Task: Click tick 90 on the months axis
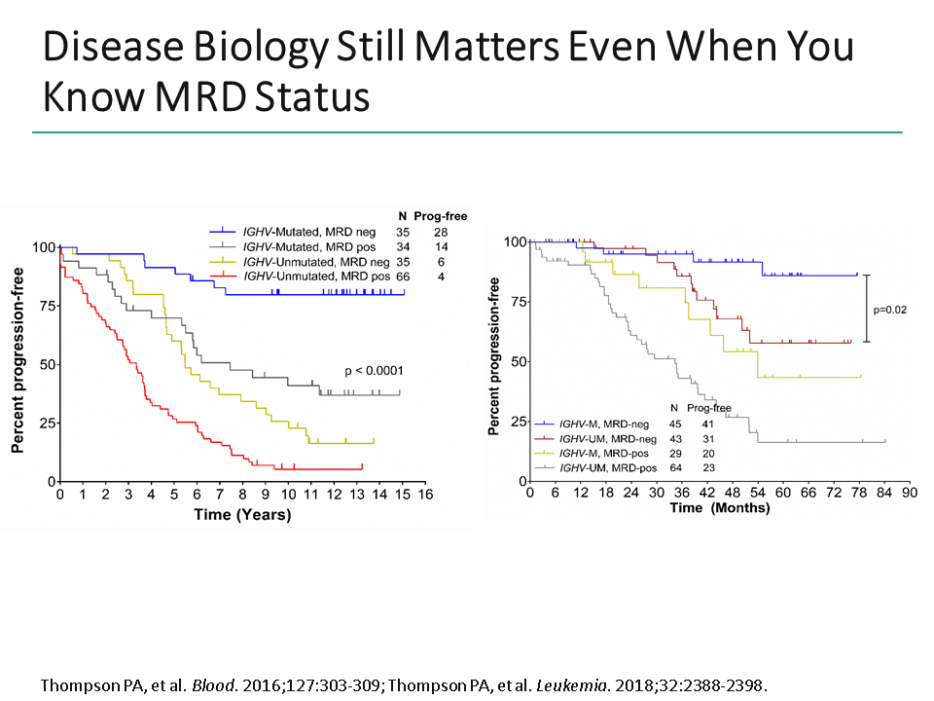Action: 910,493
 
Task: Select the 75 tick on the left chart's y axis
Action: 45,306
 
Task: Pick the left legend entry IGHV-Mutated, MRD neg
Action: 307,233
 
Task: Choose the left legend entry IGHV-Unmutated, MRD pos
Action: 317,278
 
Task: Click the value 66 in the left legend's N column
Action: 403,278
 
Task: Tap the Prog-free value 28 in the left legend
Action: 441,233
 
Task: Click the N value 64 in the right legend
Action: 673,467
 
